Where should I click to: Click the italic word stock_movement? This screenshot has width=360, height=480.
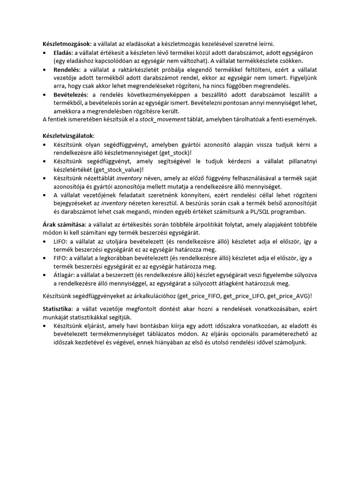[163, 120]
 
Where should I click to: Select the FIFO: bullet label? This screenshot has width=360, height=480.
[61, 258]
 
